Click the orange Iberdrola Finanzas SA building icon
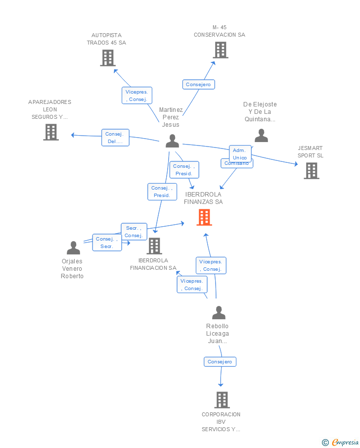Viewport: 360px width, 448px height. pos(204,217)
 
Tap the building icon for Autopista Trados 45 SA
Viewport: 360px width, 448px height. pos(107,58)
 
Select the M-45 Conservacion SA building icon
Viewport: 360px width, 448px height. pos(221,50)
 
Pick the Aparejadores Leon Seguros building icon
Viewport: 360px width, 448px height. pos(51,132)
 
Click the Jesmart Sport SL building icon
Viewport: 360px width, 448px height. pos(311,171)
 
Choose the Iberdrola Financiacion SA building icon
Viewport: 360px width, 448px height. pos(154,246)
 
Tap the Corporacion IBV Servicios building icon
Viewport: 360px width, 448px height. pos(222,399)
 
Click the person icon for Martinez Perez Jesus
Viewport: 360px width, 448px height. pos(172,141)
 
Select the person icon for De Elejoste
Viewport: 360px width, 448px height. pos(261,136)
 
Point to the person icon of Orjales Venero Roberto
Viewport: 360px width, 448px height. pos(73,248)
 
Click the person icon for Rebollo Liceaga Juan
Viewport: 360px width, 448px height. pos(219,313)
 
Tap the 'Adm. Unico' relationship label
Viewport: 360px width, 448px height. pos(239,154)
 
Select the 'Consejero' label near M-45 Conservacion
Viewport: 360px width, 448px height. pos(198,85)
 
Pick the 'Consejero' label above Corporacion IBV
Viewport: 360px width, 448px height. pos(220,362)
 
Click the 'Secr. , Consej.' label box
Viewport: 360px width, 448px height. pos(134,232)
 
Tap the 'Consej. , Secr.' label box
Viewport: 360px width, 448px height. pos(107,243)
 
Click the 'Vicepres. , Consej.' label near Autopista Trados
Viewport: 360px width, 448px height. pos(136,96)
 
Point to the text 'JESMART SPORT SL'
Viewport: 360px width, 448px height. pos(310,151)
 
